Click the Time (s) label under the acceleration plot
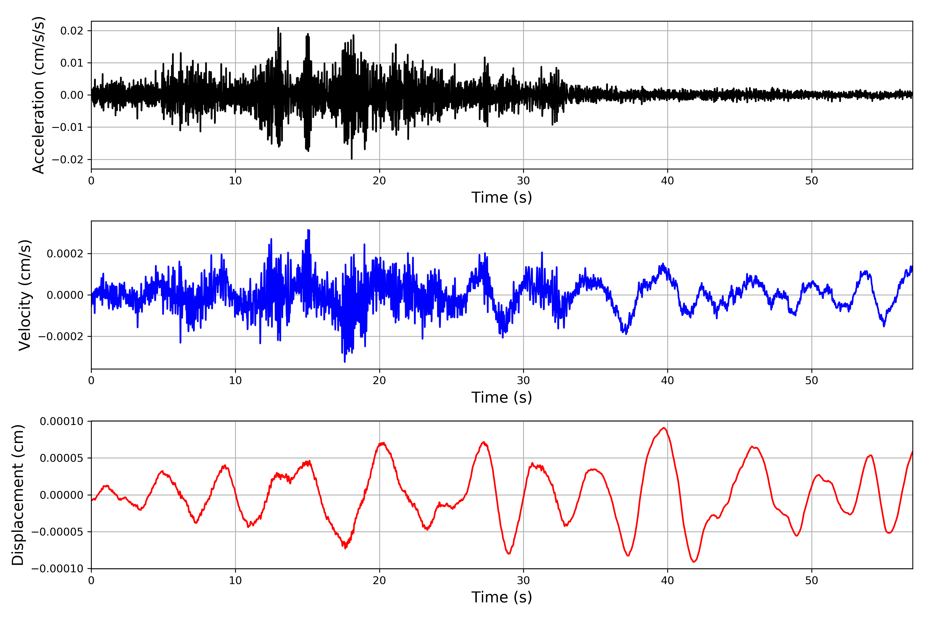click(502, 197)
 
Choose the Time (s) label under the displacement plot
click(502, 597)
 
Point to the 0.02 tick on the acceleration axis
click(72, 31)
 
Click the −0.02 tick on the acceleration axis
click(68, 159)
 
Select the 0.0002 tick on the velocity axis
click(65, 254)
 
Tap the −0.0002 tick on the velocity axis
click(61, 337)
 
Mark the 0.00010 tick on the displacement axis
click(62, 421)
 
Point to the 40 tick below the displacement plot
click(667, 580)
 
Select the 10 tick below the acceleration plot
click(235, 181)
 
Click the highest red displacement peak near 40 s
click(664, 428)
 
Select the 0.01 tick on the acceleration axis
click(72, 63)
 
